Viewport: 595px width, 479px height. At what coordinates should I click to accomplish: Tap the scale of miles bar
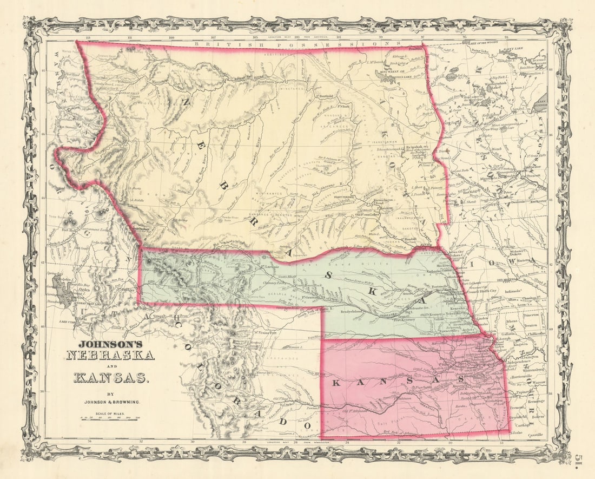click(x=111, y=418)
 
